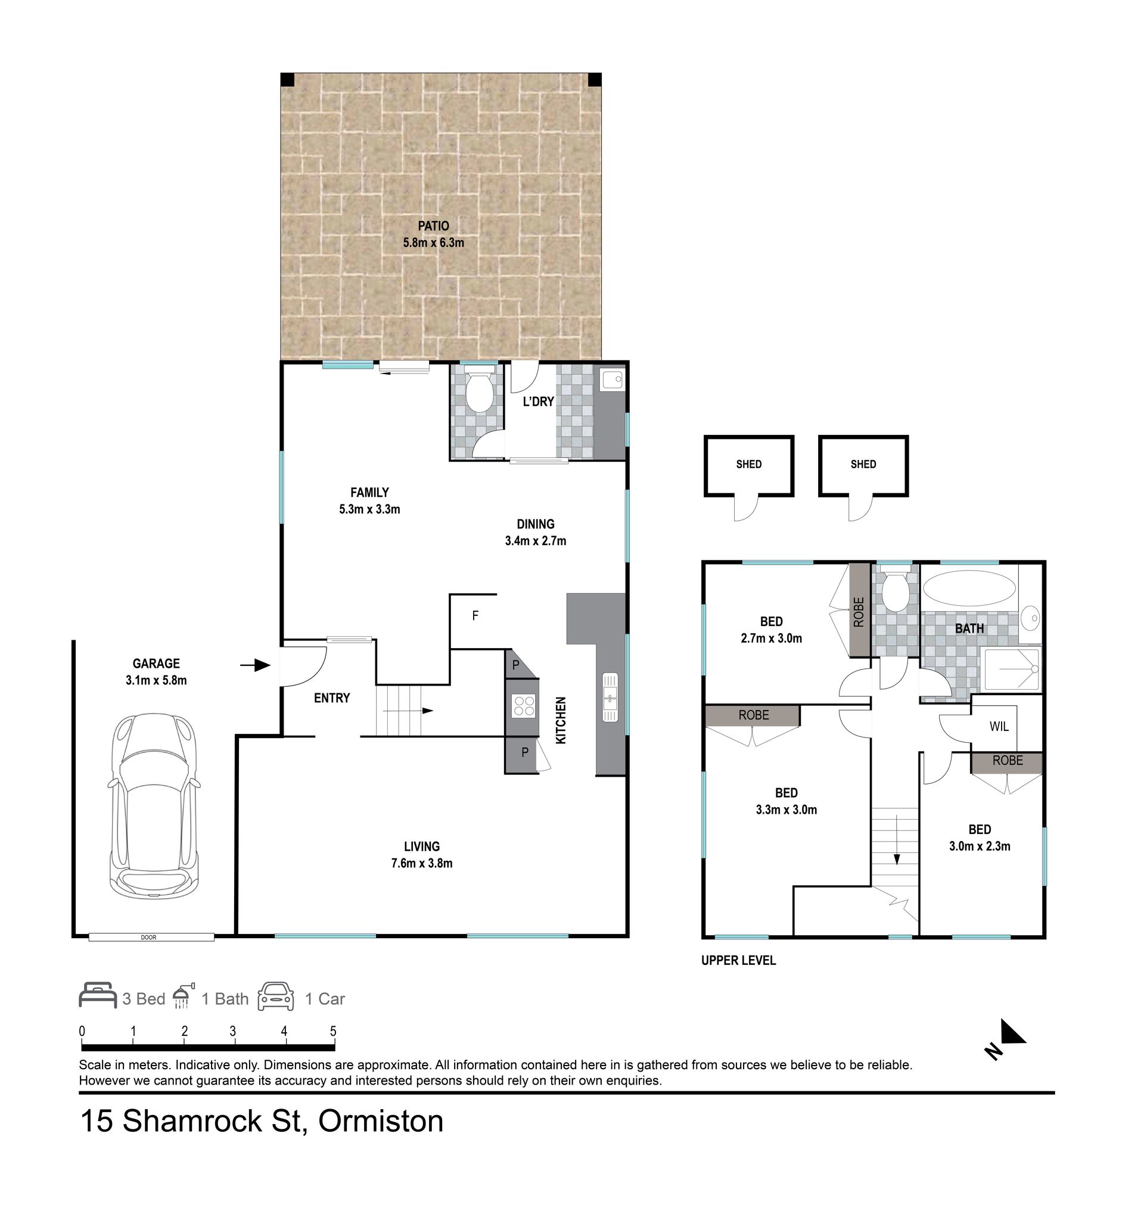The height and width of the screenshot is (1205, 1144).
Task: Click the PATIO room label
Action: click(434, 226)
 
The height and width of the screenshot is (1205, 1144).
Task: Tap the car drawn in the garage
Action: click(154, 807)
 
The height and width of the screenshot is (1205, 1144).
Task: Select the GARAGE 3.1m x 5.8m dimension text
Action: click(156, 680)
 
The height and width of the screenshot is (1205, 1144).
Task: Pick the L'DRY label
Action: click(539, 401)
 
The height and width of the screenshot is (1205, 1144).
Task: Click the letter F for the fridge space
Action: click(475, 616)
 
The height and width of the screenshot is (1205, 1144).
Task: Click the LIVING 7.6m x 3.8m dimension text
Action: click(422, 863)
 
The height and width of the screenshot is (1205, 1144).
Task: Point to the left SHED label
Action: click(749, 465)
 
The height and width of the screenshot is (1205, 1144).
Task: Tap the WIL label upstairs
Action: click(999, 727)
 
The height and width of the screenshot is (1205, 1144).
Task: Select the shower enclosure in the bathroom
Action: click(1012, 670)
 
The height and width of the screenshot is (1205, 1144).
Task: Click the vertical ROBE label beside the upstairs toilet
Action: click(859, 612)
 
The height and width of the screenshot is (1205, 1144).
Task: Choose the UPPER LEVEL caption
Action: click(738, 961)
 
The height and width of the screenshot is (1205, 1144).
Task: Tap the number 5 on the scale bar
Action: click(333, 1031)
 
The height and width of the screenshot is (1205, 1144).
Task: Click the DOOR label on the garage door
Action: click(149, 938)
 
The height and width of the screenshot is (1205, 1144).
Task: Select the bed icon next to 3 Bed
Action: click(98, 995)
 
